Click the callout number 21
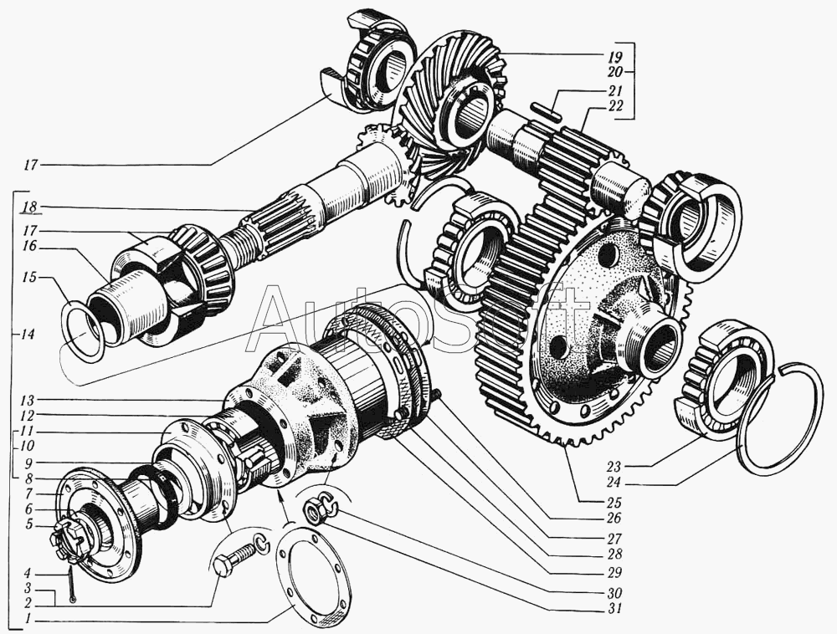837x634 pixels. pos(615,90)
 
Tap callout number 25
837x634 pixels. pos(614,503)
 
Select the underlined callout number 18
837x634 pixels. pos(30,207)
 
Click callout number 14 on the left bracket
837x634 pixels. pos(28,335)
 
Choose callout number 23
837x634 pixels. pos(614,467)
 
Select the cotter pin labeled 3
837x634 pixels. pos(71,585)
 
